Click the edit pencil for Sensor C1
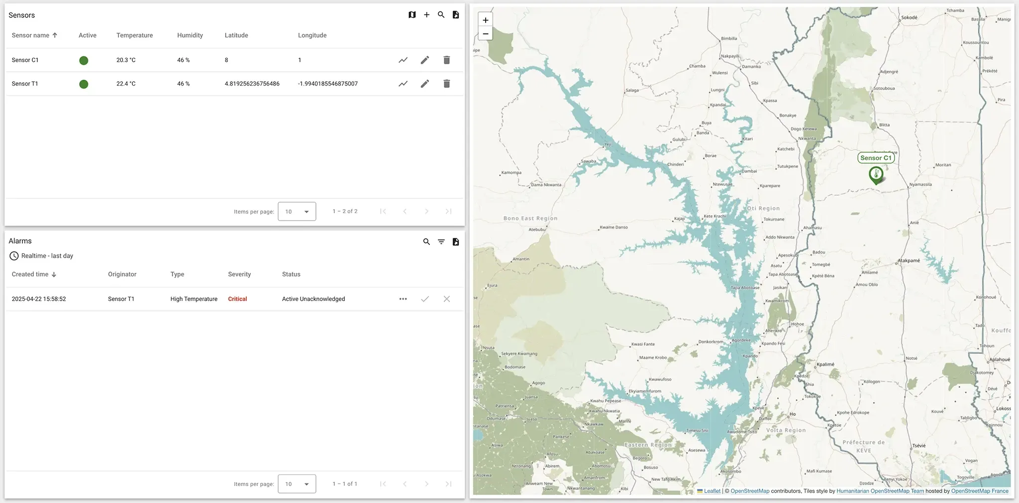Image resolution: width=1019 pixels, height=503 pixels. (424, 60)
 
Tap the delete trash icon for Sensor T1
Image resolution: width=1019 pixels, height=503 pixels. (446, 84)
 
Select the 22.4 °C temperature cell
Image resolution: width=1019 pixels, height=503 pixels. (126, 84)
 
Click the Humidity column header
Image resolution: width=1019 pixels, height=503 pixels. (190, 35)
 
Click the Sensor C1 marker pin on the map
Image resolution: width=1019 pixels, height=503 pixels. (876, 175)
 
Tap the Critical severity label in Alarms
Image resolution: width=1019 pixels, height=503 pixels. (237, 299)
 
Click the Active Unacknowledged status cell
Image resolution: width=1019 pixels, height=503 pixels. (313, 299)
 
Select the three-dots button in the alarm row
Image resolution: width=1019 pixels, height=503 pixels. (403, 299)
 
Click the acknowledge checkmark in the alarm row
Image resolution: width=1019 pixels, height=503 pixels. (424, 299)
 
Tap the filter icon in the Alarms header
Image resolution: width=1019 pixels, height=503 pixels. (441, 242)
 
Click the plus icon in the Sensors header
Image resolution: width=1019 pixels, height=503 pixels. (426, 15)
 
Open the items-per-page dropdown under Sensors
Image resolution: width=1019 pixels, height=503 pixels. (297, 212)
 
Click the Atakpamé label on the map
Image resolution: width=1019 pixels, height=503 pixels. (909, 260)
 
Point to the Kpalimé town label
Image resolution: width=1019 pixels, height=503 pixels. (825, 364)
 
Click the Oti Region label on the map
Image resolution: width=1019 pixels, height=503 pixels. (763, 208)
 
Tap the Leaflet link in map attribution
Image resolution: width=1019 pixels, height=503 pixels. (712, 491)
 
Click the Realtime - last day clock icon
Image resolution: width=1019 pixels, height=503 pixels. (14, 256)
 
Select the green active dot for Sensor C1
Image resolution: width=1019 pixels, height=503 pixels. (84, 60)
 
